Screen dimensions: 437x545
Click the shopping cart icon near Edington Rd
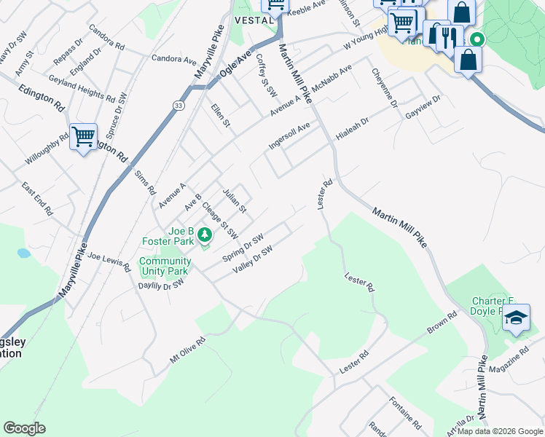pyautogui.click(x=83, y=135)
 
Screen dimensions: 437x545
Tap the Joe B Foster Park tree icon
pyautogui.click(x=205, y=235)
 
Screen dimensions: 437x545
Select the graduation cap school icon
pyautogui.click(x=516, y=318)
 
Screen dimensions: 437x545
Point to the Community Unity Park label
pyautogui.click(x=165, y=266)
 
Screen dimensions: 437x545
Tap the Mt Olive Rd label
pyautogui.click(x=188, y=349)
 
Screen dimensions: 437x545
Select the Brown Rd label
pyautogui.click(x=442, y=324)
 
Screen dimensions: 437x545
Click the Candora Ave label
pyautogui.click(x=174, y=58)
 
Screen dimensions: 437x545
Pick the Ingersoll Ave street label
pyautogui.click(x=289, y=135)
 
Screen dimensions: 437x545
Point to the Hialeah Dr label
pyautogui.click(x=353, y=127)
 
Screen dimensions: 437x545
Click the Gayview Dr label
pyautogui.click(x=423, y=106)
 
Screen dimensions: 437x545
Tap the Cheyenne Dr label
pyautogui.click(x=384, y=87)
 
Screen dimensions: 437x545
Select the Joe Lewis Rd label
pyautogui.click(x=108, y=257)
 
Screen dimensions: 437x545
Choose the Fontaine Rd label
pyautogui.click(x=406, y=413)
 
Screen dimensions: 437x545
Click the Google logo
pyautogui.click(x=24, y=428)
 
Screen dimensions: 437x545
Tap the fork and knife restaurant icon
pyautogui.click(x=448, y=36)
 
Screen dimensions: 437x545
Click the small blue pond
pyautogui.click(x=23, y=253)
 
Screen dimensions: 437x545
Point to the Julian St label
pyautogui.click(x=234, y=198)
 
